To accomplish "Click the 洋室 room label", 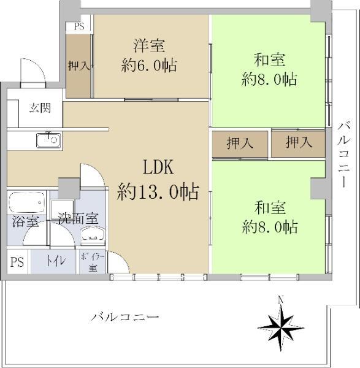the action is [x=149, y=45].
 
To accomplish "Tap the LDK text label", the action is [x=158, y=167].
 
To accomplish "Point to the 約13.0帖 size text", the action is [x=158, y=191].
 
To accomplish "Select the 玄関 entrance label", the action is [x=40, y=108].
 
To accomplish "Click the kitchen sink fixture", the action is [x=48, y=140].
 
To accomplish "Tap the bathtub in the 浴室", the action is [x=27, y=202].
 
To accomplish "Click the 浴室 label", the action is [x=25, y=221].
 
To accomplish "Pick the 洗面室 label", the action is [x=78, y=218].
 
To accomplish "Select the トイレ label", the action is [x=55, y=261].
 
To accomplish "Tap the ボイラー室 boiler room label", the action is [x=93, y=263].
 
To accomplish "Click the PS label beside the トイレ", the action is [x=17, y=262].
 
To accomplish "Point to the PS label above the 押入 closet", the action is [x=79, y=26].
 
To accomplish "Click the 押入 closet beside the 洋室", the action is [x=79, y=66].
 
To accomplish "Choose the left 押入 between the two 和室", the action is [x=240, y=144].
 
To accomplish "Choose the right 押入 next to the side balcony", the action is [x=299, y=143].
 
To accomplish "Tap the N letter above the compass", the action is [x=280, y=299].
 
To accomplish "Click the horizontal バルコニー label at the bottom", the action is [x=125, y=318].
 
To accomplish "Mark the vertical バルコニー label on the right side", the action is [x=344, y=155].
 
